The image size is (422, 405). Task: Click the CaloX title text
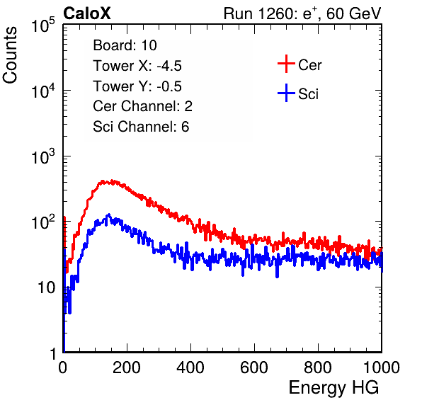click(x=86, y=13)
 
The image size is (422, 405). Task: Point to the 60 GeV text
click(x=353, y=13)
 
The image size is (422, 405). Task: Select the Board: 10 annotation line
click(x=125, y=45)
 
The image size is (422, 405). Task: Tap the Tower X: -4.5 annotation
click(x=137, y=66)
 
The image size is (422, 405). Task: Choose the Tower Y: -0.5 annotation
click(x=137, y=86)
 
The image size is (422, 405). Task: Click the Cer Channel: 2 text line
click(x=142, y=106)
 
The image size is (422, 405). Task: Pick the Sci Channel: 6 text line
click(x=141, y=127)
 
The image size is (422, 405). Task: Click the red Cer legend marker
click(x=286, y=64)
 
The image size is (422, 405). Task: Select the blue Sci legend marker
click(x=286, y=93)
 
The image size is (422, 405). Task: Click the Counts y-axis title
click(x=10, y=55)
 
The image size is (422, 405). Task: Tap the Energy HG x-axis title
click(x=333, y=388)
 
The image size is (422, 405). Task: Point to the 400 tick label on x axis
click(x=190, y=367)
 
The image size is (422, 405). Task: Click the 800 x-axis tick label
click(x=318, y=367)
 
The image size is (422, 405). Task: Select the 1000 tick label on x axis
click(x=382, y=367)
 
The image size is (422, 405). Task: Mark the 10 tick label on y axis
click(x=47, y=287)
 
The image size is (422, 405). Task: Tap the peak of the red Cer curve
click(x=112, y=181)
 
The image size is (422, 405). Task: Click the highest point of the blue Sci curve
click(x=108, y=215)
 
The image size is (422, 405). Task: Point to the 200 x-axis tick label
click(x=127, y=367)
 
